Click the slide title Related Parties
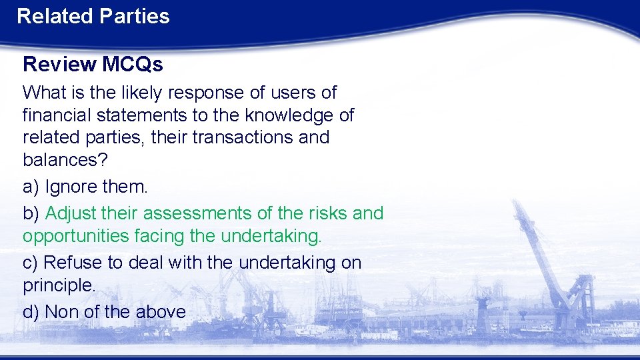pos(93,16)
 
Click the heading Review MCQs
pos(93,64)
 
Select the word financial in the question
pos(57,115)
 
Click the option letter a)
pos(31,187)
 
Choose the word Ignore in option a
pos(69,187)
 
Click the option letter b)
pos(31,213)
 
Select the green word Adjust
pos(72,213)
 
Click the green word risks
pos(328,213)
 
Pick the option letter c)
pos(31,263)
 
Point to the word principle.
pos(59,286)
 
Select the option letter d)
pos(31,311)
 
